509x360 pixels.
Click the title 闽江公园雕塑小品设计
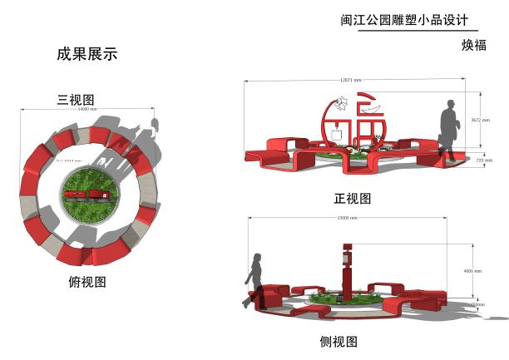coord(393,20)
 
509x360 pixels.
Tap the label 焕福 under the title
coord(473,45)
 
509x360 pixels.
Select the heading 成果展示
coord(87,55)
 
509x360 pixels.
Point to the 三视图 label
coord(74,100)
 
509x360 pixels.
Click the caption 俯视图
coord(87,282)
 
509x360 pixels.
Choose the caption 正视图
coord(352,198)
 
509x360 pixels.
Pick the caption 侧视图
coord(339,341)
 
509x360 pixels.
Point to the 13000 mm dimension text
coord(348,218)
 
